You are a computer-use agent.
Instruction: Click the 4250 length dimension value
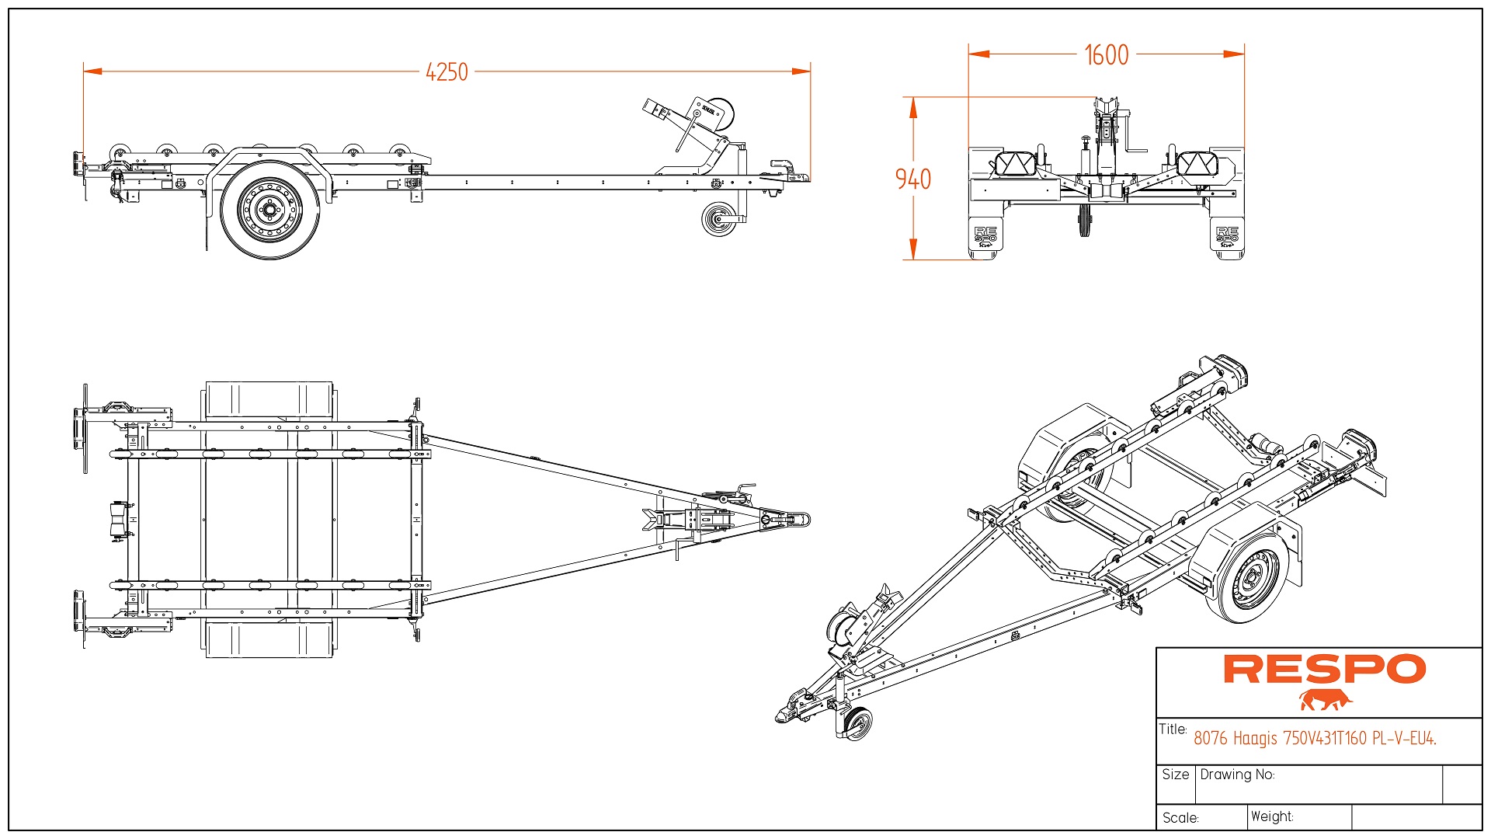pos(447,72)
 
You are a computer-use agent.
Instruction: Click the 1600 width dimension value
pos(1106,55)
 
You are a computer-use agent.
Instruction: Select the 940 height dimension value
pos(912,179)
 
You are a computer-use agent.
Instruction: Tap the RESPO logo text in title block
pos(1324,670)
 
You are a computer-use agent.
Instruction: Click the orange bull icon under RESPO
pos(1325,700)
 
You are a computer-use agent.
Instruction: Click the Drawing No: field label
pos(1237,775)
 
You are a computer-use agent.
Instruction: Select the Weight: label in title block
pos(1272,816)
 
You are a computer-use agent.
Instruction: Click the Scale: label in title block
pos(1180,818)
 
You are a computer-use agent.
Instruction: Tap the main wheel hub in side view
pos(270,210)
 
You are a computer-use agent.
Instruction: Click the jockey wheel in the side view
pos(719,219)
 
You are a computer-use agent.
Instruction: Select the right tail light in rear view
pos(1196,164)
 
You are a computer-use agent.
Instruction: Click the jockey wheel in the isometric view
pos(857,724)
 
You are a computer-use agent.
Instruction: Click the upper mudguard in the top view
pos(269,401)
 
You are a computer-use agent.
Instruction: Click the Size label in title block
pos(1175,775)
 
